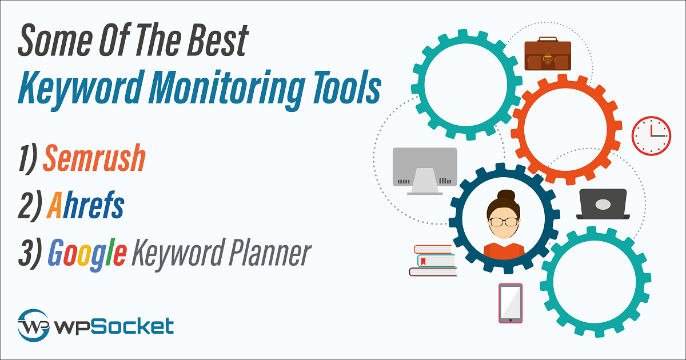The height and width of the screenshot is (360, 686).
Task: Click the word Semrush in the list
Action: [94, 158]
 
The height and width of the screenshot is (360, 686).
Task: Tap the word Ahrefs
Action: [85, 205]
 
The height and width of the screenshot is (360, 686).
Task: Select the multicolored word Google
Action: [87, 254]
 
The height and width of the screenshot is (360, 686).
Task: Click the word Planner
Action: [270, 253]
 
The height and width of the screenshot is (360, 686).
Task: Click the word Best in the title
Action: [218, 40]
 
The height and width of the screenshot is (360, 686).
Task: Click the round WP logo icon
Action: [33, 325]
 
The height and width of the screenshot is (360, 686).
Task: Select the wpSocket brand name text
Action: [114, 326]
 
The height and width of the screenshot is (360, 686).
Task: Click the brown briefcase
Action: [548, 54]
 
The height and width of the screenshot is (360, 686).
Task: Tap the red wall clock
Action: [651, 135]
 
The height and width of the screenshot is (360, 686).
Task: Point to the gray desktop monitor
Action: [425, 171]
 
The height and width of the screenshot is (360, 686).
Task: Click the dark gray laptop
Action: [603, 204]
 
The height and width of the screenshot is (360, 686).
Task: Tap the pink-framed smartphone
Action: [510, 303]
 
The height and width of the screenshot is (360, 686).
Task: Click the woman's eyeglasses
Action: [504, 222]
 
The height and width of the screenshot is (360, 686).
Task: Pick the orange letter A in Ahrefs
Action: [54, 205]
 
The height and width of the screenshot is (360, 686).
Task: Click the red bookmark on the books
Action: [423, 261]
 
